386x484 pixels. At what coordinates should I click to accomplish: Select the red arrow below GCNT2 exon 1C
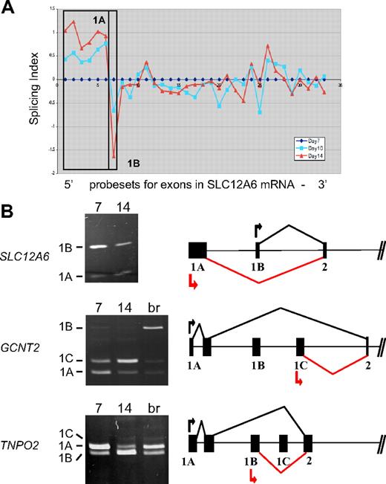point(300,381)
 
